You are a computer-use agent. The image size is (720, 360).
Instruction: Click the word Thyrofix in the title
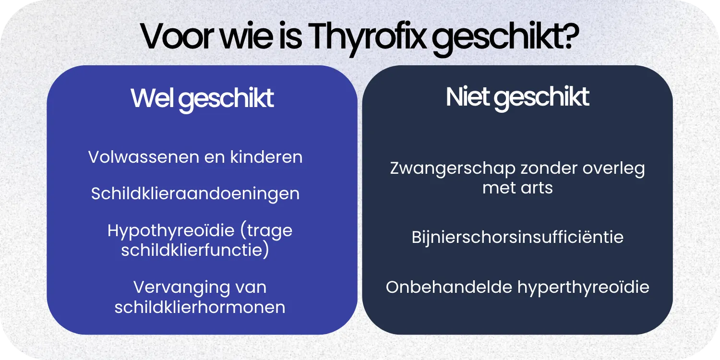pos(367,37)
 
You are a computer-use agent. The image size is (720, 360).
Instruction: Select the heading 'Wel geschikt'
pos(202,98)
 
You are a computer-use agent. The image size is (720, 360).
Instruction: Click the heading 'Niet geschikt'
pos(517,97)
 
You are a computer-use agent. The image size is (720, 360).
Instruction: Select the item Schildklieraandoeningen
pos(195,194)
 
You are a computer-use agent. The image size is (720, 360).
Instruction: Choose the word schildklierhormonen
pos(200,307)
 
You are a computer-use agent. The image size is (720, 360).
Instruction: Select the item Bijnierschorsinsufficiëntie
pos(517,237)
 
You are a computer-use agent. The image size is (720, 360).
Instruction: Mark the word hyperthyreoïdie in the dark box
pos(583,287)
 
